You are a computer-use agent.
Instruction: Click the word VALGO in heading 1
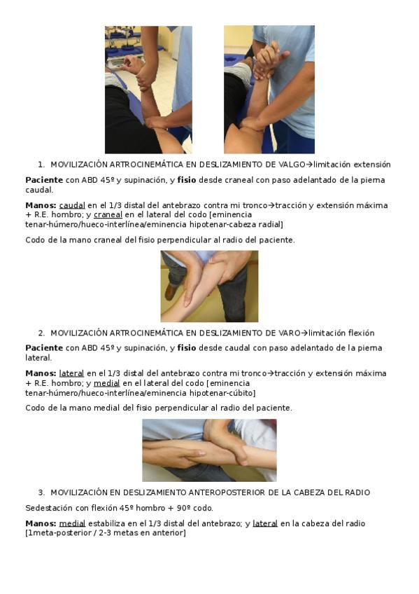click(292, 165)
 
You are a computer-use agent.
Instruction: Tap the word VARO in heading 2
click(289, 333)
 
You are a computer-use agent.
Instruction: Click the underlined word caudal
click(72, 205)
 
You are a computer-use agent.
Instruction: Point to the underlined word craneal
click(108, 215)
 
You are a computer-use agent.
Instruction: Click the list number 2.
click(41, 333)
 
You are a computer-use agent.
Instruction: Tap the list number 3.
click(41, 492)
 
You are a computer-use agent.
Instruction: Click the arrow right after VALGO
click(309, 165)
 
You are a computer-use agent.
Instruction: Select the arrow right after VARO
click(304, 333)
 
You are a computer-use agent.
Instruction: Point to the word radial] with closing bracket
click(271, 224)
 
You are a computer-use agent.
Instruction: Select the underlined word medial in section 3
click(72, 523)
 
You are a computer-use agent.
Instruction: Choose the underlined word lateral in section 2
click(71, 373)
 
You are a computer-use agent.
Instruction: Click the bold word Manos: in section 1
click(41, 205)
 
